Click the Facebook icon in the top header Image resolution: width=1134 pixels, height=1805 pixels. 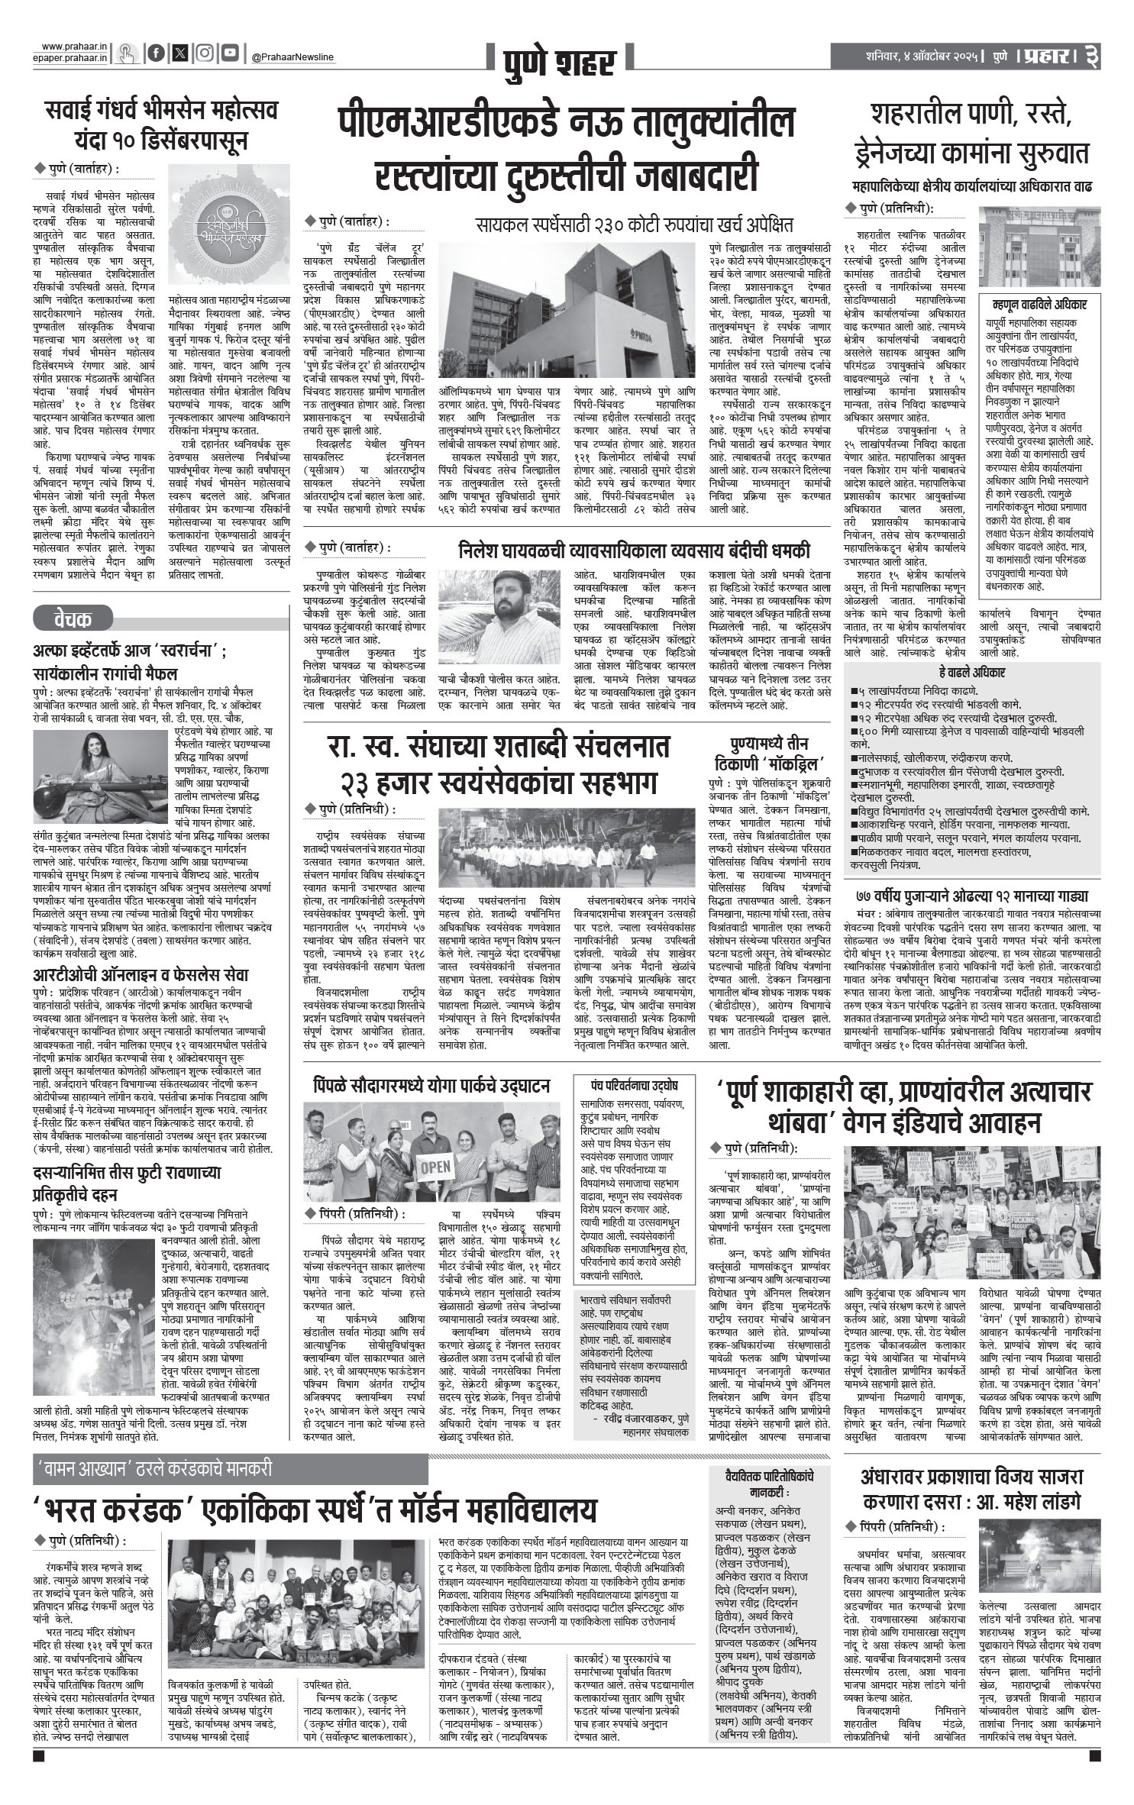[157, 53]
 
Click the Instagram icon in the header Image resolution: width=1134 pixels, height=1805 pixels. [204, 53]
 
